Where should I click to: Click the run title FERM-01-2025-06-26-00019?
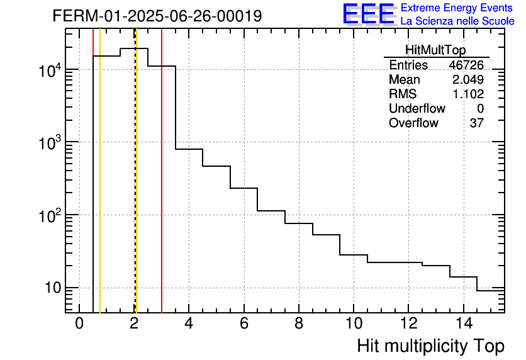coord(157,16)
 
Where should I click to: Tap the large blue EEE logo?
coord(368,14)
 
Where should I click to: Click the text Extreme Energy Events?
coord(457,8)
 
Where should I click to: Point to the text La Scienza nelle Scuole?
coord(457,21)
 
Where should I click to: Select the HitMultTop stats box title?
coord(436,51)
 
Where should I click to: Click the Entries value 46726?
coord(466,65)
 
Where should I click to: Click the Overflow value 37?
coord(476,123)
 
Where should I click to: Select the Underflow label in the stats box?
coord(417,109)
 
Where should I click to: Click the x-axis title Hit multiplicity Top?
coord(430,346)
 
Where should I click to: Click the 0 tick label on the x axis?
coord(79,324)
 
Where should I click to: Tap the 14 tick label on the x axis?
coord(463,324)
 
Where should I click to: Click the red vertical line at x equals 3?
coord(162,189)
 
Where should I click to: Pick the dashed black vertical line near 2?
coord(135,189)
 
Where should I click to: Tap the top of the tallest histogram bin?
coord(134,48)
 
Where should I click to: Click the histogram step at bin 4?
coord(189,149)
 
